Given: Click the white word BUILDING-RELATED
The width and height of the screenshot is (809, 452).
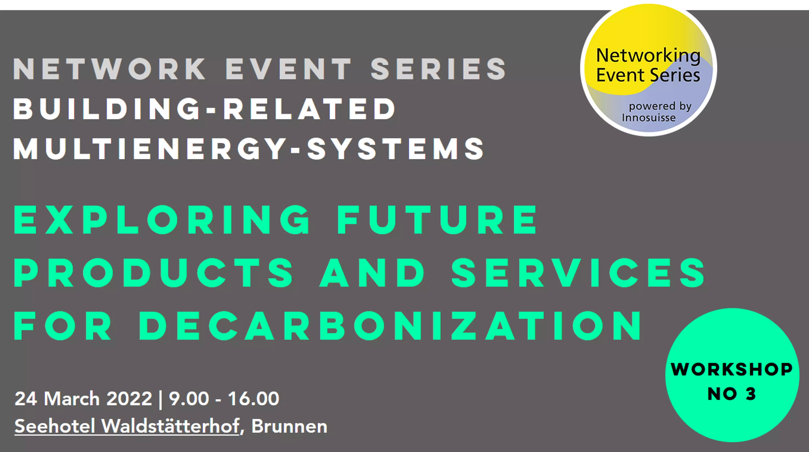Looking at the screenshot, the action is (x=204, y=109).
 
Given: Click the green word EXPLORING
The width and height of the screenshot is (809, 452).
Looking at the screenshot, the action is (x=162, y=220).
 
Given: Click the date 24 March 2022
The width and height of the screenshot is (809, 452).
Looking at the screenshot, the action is (x=84, y=399).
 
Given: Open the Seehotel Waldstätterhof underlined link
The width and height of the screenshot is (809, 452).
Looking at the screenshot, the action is (x=127, y=426).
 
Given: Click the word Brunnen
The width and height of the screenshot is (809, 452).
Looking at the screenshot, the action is (x=289, y=426).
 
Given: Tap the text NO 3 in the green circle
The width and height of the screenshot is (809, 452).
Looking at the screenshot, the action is (x=732, y=394).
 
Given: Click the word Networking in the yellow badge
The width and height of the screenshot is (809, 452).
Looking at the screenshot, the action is (x=648, y=56).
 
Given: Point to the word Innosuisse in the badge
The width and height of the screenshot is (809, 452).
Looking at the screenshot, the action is (x=649, y=118).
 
